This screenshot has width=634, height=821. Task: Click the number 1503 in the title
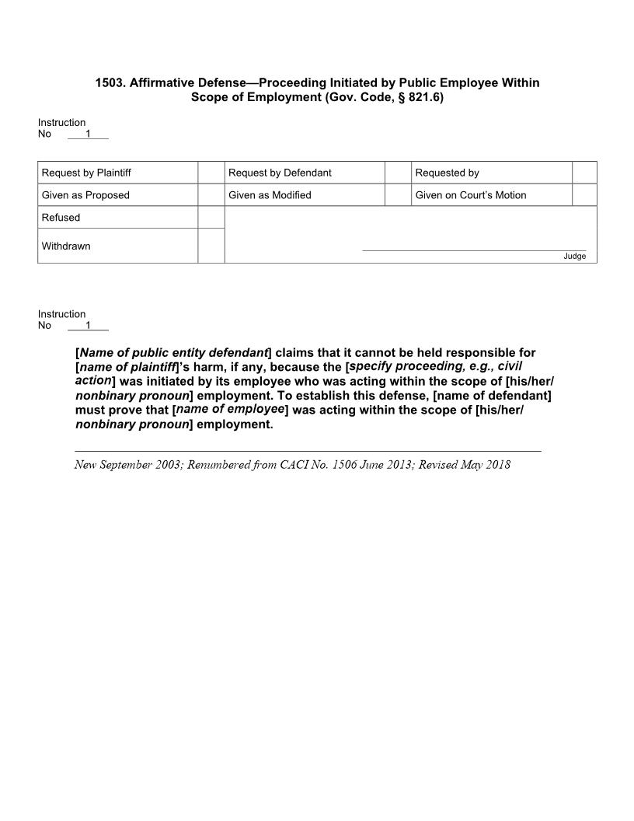point(110,82)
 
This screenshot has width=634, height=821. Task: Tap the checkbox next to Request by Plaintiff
point(211,173)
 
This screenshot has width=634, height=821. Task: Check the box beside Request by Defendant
point(398,173)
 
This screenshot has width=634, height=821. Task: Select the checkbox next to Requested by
point(584,173)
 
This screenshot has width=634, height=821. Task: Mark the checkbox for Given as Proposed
point(211,195)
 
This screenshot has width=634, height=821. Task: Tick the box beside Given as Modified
point(398,195)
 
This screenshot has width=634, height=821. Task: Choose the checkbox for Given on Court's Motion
point(584,195)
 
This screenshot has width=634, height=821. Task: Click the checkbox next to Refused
point(211,218)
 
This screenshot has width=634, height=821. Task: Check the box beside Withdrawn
point(211,246)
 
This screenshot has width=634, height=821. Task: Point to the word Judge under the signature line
point(575,257)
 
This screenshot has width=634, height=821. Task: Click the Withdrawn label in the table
point(66,246)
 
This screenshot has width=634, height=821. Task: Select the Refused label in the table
point(61,218)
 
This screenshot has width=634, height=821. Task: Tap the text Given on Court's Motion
point(471,195)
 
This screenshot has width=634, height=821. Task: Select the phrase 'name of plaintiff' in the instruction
point(128,367)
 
